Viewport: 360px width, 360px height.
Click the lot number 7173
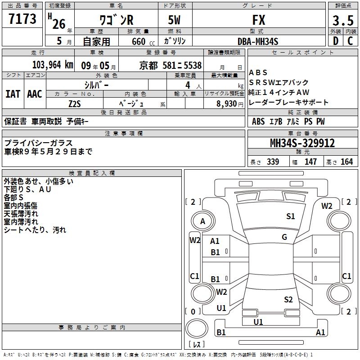pyautogui.click(x=22, y=18)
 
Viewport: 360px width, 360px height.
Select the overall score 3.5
pyautogui.click(x=343, y=20)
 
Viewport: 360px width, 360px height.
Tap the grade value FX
pyautogui.click(x=259, y=20)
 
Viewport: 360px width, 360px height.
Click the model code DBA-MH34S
pyautogui.click(x=258, y=41)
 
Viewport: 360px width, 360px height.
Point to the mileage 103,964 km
pyautogui.click(x=53, y=65)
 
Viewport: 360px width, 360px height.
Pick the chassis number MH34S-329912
pyautogui.click(x=302, y=143)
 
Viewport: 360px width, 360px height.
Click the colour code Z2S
pyautogui.click(x=75, y=104)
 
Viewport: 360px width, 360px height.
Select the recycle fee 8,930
pyautogui.click(x=227, y=104)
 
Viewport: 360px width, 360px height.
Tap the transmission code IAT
pyautogui.click(x=13, y=94)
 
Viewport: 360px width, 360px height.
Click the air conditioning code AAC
pyautogui.click(x=35, y=94)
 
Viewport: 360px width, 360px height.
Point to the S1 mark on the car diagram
pyautogui.click(x=290, y=216)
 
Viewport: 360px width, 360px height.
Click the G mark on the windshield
pyautogui.click(x=284, y=237)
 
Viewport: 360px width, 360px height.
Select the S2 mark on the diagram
pyautogui.click(x=288, y=300)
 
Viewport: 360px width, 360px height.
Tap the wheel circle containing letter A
pyautogui.click(x=203, y=221)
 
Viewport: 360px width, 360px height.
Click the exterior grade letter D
pyautogui.click(x=336, y=41)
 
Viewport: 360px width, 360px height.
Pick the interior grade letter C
pyautogui.click(x=350, y=41)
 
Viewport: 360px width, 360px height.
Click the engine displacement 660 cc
pyautogui.click(x=143, y=42)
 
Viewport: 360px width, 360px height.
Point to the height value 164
pyautogui.click(x=346, y=162)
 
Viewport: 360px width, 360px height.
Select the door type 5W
pyautogui.click(x=174, y=20)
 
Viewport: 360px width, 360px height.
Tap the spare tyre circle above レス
pyautogui.click(x=197, y=328)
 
